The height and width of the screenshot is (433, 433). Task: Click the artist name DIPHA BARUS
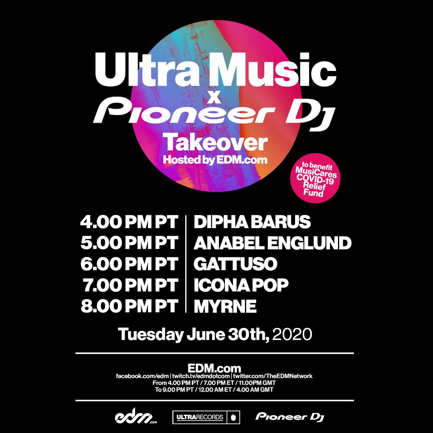[x=252, y=222]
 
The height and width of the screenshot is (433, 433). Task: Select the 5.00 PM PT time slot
[x=129, y=243]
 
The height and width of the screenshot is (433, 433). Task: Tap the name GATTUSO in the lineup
[x=235, y=264]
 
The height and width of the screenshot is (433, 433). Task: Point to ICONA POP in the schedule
[x=241, y=285]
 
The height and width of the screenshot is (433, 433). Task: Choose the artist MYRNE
[x=225, y=306]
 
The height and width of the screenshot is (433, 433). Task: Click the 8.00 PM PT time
[x=129, y=306]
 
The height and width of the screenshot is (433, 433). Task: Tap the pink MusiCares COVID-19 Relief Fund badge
[x=316, y=178]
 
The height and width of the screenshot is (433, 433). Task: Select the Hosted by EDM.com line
[x=215, y=160]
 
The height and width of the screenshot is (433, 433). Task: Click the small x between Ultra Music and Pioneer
[x=214, y=98]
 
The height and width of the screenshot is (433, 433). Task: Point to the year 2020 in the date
[x=292, y=334]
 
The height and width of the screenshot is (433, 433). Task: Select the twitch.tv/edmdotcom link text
[x=201, y=376]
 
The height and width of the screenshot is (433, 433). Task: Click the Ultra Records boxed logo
[x=206, y=417]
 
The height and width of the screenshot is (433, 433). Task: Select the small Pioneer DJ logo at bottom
[x=290, y=417]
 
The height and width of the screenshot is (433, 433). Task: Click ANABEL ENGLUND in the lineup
[x=272, y=243]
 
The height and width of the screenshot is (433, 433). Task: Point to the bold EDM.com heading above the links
[x=214, y=368]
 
